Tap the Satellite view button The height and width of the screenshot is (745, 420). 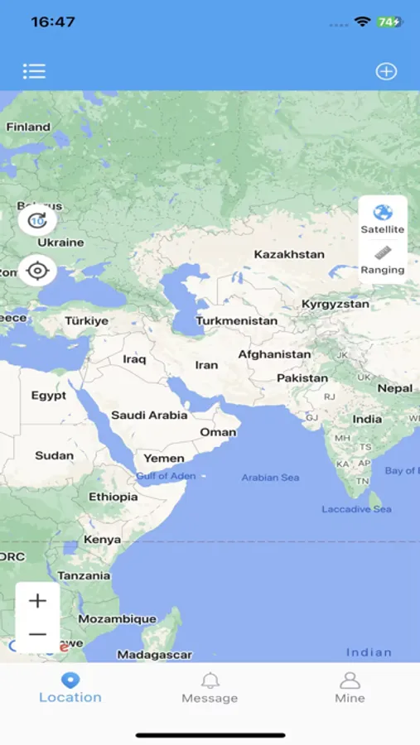(x=383, y=219)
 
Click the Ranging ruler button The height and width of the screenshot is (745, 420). (x=383, y=259)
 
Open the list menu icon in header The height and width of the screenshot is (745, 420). (x=34, y=71)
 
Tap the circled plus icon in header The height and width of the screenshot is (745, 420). (x=386, y=71)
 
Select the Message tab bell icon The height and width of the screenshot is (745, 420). (x=210, y=681)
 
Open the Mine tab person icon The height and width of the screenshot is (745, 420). (x=350, y=681)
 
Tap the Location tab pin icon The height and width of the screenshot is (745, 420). (x=70, y=680)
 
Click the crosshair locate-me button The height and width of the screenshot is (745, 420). (x=37, y=270)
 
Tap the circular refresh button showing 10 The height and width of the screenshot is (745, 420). (x=37, y=220)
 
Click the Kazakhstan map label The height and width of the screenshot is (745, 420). (x=289, y=254)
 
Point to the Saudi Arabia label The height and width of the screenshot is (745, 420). (x=149, y=415)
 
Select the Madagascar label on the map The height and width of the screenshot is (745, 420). (x=154, y=654)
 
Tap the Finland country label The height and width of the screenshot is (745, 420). (x=28, y=127)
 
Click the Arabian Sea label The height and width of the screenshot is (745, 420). (x=270, y=478)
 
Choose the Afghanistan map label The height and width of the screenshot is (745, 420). (x=274, y=354)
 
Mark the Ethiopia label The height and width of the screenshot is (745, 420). (x=113, y=497)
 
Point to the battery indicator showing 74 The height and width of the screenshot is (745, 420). (x=389, y=22)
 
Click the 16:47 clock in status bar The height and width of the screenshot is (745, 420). (x=53, y=22)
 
